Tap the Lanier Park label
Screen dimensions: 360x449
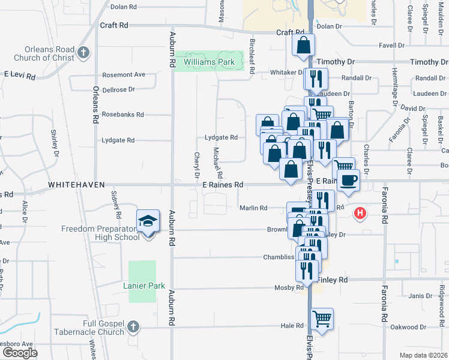pos(144,286)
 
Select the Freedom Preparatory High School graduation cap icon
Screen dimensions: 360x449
pos(146,222)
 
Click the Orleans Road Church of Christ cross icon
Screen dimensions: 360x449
pos(83,53)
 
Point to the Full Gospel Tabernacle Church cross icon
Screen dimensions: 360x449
pos(133,328)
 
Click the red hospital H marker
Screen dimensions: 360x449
pos(360,213)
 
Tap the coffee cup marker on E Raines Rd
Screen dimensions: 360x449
pos(348,179)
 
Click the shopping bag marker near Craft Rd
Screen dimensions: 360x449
pos(304,44)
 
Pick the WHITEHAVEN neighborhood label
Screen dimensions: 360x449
pos(76,185)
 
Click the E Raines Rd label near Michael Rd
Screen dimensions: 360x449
pos(222,185)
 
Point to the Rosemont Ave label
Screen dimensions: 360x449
pos(124,74)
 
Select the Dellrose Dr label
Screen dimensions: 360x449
pos(118,89)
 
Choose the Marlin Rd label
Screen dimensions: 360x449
pos(253,208)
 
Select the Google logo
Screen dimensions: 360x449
pos(20,352)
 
